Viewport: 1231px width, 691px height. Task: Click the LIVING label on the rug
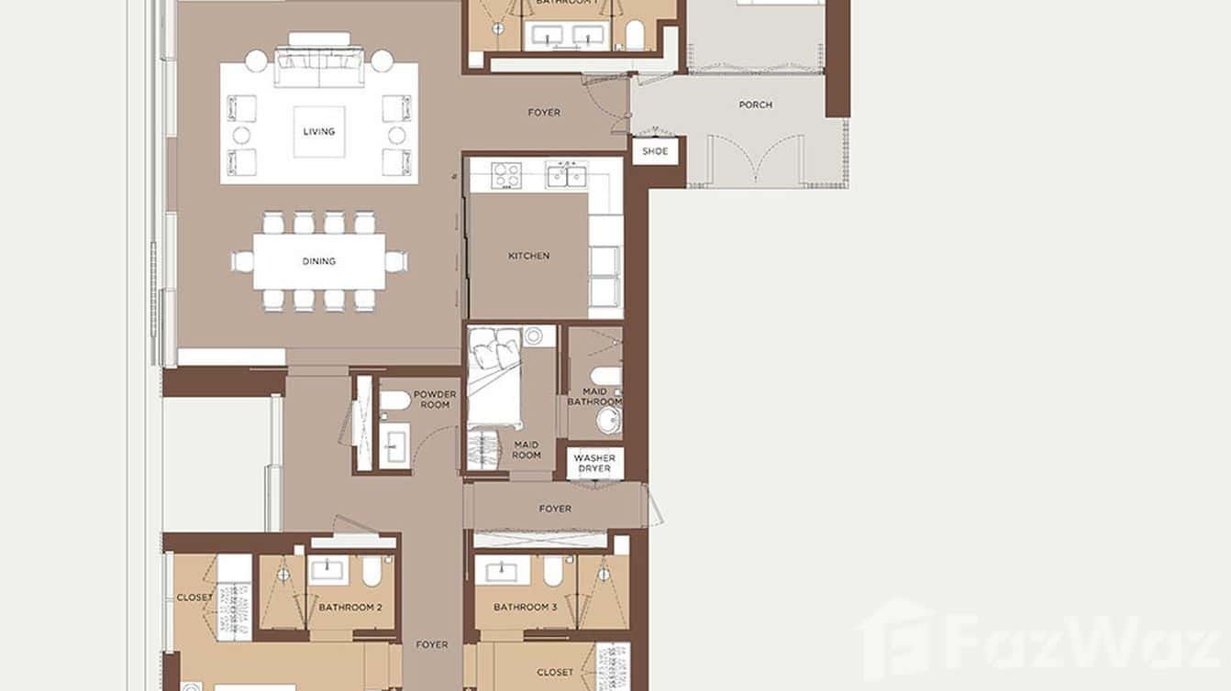coord(319,131)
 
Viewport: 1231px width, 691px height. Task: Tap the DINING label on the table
coord(319,261)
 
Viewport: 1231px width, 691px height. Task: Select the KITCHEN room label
coord(529,256)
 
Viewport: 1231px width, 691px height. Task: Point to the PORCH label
coord(755,104)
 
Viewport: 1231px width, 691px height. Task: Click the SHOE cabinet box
coord(655,151)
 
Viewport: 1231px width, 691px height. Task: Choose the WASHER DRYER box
coord(594,464)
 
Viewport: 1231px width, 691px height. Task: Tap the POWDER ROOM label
coord(435,400)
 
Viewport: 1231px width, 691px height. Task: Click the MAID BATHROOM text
coord(594,396)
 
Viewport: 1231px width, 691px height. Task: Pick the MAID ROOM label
coord(527,449)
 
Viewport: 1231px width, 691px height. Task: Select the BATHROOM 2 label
coord(349,608)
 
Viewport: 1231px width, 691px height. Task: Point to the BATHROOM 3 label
coord(525,608)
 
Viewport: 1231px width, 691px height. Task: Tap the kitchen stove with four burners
coord(506,174)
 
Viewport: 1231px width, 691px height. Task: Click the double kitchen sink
coord(567,174)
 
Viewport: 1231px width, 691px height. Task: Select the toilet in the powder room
coord(395,400)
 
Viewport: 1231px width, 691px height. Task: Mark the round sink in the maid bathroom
coord(608,421)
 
